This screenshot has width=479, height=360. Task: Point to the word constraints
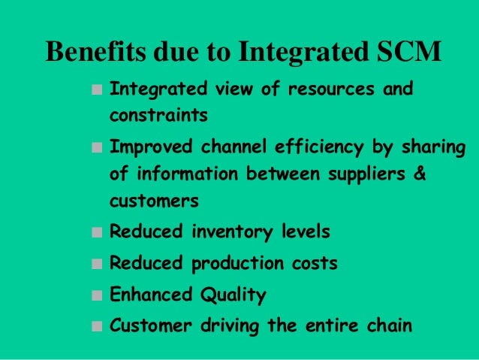158,116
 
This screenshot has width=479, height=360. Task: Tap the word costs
313,264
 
